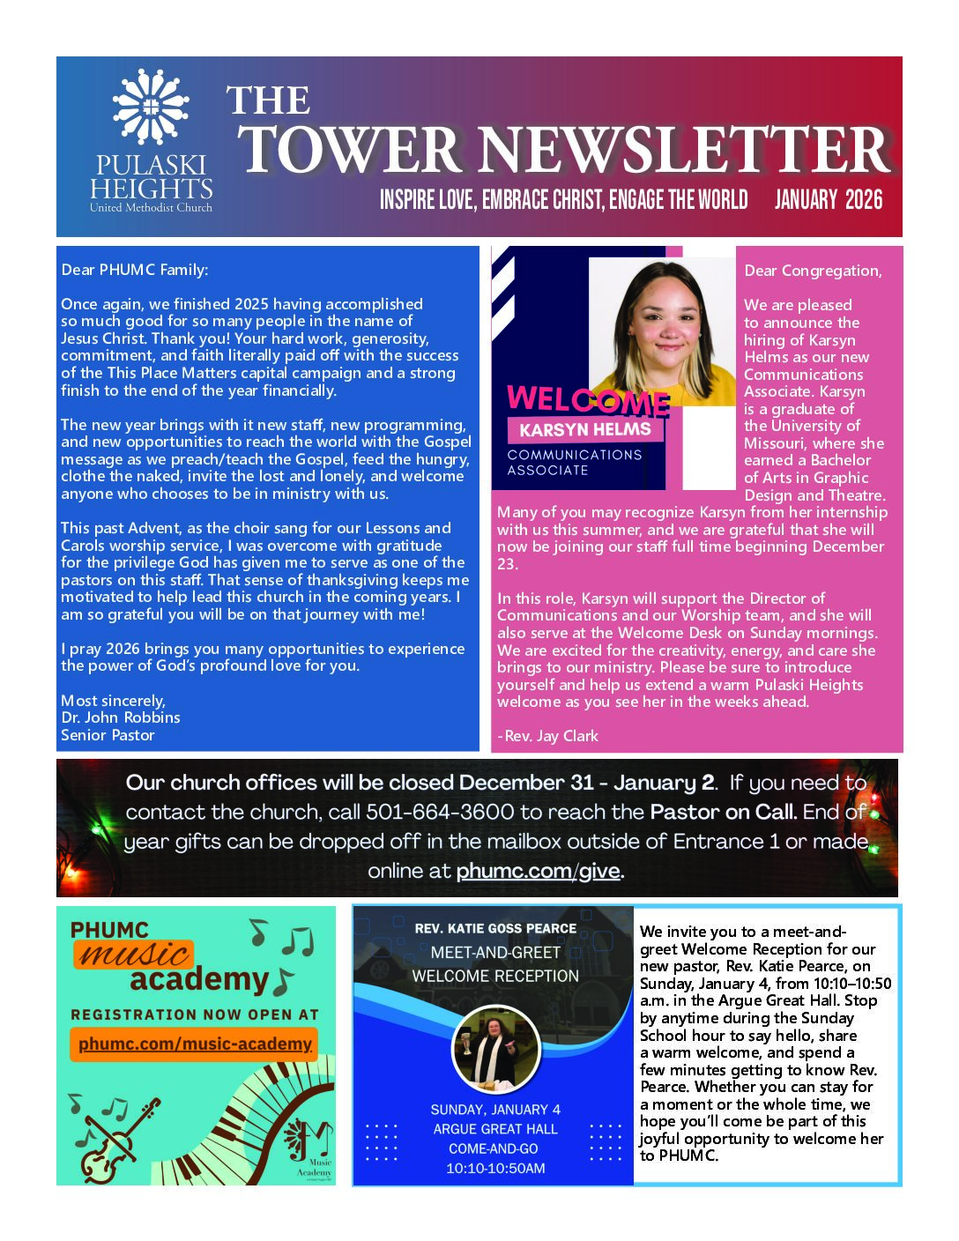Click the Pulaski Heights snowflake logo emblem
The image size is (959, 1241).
click(151, 107)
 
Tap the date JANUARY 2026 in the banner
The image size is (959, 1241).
click(828, 200)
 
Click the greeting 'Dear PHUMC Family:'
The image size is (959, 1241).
click(135, 270)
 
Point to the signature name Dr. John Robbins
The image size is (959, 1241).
click(120, 717)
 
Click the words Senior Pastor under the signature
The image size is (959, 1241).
click(108, 735)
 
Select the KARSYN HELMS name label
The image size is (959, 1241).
click(585, 430)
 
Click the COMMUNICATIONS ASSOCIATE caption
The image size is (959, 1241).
click(574, 462)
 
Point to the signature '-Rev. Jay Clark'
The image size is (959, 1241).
click(547, 736)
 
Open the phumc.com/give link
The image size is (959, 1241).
click(539, 871)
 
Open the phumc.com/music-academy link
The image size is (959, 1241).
click(195, 1044)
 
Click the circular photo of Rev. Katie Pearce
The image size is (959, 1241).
click(495, 1049)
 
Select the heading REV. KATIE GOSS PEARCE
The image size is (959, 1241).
click(495, 928)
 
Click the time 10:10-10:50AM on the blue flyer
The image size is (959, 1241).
click(495, 1169)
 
